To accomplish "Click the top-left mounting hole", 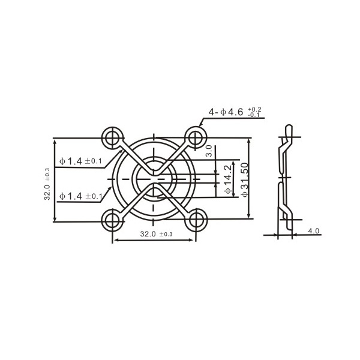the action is click(112, 138).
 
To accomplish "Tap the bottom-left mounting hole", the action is click(112, 220).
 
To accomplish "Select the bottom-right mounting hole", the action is click(196, 220).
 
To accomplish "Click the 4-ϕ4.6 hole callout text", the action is click(226, 112).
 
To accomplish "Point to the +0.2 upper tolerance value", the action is click(254, 109).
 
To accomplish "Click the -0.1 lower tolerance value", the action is click(254, 115).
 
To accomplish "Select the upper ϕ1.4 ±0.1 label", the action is click(80, 161).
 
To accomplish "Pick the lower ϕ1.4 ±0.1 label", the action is click(80, 196).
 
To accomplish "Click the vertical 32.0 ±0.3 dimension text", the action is click(47, 184).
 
